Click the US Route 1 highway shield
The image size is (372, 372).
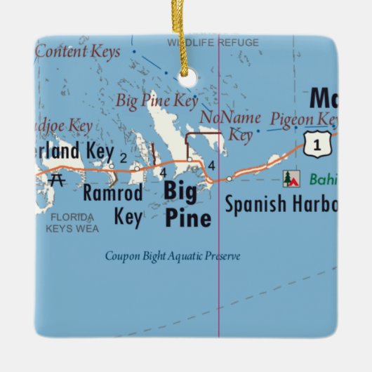tap(319, 145)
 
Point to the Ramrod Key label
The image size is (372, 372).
tap(113, 204)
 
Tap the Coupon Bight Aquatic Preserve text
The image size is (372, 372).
tap(173, 256)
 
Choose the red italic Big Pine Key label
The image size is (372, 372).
tap(157, 101)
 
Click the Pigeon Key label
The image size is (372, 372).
tap(303, 119)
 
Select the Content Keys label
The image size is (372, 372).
tap(78, 51)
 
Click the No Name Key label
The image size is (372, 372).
tap(232, 125)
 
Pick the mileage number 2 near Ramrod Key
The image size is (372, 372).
tap(123, 157)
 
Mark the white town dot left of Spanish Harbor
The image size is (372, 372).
tap(229, 179)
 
